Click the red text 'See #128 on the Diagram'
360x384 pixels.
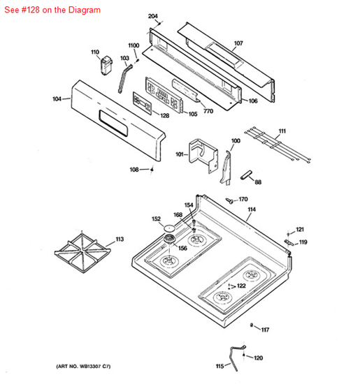[x=52, y=10]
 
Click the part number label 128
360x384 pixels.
[x=164, y=115]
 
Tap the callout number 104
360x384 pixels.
[x=57, y=98]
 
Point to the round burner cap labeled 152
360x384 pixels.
[x=169, y=228]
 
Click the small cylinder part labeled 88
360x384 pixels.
[x=246, y=175]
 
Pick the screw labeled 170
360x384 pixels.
[x=229, y=201]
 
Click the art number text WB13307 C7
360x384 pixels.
[x=83, y=367]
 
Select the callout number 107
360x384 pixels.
[x=238, y=43]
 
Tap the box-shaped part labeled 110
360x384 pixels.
[x=106, y=65]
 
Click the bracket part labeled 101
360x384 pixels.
[x=203, y=155]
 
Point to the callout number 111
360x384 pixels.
[x=282, y=131]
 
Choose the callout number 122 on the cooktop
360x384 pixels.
[x=241, y=286]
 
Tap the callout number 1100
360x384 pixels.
[x=134, y=45]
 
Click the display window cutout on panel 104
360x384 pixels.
[x=113, y=123]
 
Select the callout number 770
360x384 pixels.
[x=208, y=111]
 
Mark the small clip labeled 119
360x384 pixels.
[x=289, y=242]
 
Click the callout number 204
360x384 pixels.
[x=153, y=16]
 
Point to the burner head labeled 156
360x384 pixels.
[x=170, y=239]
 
